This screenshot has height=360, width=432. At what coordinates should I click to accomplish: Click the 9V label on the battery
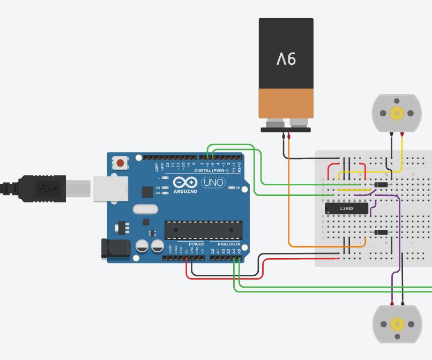coord(286,59)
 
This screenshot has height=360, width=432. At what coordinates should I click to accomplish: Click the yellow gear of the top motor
coord(397,113)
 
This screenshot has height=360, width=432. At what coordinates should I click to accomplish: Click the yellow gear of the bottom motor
coord(397,324)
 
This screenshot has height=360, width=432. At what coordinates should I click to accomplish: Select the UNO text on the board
coord(213,183)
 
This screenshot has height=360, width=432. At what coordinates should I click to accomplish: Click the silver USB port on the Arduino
coord(110,189)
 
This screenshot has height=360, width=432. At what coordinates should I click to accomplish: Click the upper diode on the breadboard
coord(381,185)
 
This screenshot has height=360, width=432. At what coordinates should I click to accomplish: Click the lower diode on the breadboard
coord(381,232)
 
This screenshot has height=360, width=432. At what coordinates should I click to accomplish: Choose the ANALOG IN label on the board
coord(229,244)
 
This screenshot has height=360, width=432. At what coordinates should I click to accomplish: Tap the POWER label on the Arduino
coord(196,244)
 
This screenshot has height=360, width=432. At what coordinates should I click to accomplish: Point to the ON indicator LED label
coord(237,188)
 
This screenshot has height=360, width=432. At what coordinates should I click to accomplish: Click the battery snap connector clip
coord(286,129)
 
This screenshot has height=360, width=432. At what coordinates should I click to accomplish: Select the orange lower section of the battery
coord(286,103)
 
